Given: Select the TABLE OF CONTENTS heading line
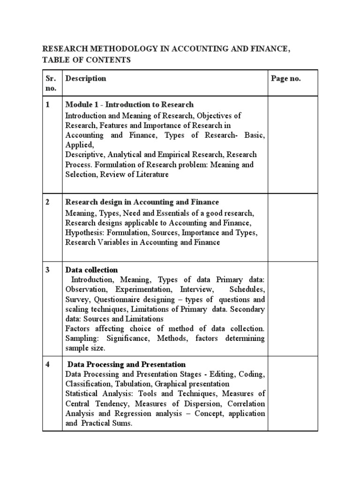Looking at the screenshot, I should click(x=87, y=60).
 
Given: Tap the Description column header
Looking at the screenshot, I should click(x=86, y=78).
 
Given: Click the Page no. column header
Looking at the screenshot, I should click(x=286, y=78).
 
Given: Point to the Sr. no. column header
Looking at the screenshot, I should click(x=51, y=83).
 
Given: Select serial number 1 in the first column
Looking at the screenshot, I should click(x=48, y=105).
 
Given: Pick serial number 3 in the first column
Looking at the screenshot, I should click(x=48, y=270).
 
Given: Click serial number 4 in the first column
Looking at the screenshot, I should click(x=48, y=364).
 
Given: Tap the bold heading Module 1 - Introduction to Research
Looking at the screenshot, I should click(x=129, y=105).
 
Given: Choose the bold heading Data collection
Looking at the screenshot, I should click(x=92, y=270).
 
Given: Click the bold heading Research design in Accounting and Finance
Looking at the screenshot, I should click(x=142, y=202).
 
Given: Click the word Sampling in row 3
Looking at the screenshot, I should click(x=80, y=338).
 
